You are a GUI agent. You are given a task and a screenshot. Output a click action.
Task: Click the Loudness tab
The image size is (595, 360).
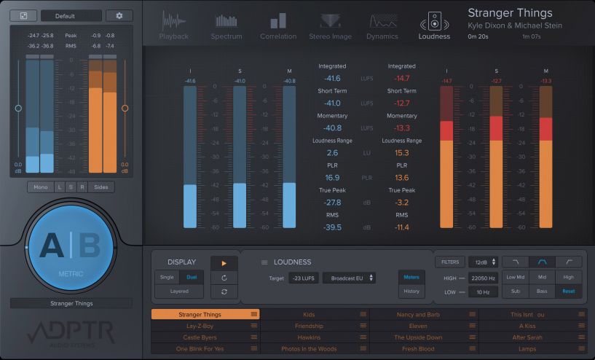click(x=434, y=26)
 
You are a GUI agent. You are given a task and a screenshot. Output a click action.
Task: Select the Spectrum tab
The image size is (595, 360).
click(x=226, y=26)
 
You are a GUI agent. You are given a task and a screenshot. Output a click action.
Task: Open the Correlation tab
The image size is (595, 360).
click(x=278, y=26)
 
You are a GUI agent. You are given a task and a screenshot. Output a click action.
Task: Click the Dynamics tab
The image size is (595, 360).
click(x=382, y=26)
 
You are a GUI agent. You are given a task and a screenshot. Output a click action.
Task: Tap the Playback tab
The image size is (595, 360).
click(x=173, y=26)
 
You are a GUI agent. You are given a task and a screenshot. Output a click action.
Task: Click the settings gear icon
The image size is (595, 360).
click(x=119, y=15)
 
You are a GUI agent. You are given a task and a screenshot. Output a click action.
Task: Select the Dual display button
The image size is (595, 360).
click(x=191, y=277)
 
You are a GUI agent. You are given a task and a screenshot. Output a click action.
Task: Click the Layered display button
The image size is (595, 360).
click(x=178, y=291)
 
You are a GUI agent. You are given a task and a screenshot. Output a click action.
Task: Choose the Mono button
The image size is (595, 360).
click(x=40, y=187)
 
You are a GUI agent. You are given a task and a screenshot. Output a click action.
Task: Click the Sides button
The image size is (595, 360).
click(x=101, y=187)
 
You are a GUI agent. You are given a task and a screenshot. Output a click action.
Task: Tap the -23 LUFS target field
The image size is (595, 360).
click(x=303, y=278)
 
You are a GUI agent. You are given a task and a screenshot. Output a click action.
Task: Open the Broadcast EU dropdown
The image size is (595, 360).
click(x=350, y=278)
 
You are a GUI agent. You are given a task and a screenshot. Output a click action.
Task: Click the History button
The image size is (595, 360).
click(x=411, y=291)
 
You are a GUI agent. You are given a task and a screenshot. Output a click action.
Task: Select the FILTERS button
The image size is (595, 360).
click(x=449, y=262)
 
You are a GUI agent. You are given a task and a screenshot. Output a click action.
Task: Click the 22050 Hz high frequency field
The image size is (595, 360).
click(x=483, y=278)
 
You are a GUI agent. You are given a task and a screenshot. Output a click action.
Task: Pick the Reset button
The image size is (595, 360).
click(x=568, y=291)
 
